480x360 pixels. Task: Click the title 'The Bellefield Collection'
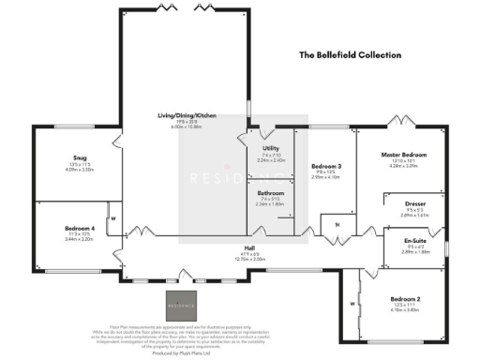point(349,55)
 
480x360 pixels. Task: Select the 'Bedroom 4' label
point(65,229)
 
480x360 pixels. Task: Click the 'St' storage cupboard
point(336,226)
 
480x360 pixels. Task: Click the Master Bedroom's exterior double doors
point(400,122)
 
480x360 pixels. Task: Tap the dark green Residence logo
point(181,304)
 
